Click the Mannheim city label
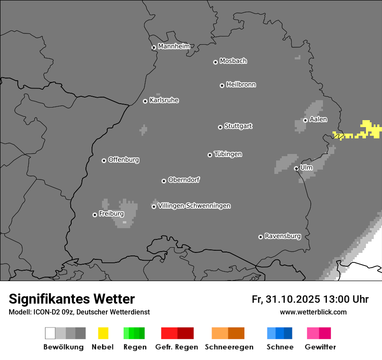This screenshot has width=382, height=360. click(174, 46)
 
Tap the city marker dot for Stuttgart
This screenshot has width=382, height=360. click(220, 127)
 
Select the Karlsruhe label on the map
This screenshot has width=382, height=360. click(164, 100)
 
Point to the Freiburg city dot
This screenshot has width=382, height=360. click(95, 215)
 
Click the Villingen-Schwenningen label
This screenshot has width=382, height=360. click(194, 206)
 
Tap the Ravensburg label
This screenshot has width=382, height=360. click(283, 236)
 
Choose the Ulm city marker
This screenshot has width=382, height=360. click(296, 168)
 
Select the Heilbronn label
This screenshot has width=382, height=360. click(241, 85)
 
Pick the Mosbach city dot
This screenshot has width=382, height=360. click(215, 62)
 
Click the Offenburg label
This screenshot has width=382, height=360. click(123, 160)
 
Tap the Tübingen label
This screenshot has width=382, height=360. click(228, 154)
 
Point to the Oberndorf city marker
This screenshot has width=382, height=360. click(164, 181)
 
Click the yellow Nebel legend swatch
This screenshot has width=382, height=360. click(103, 333)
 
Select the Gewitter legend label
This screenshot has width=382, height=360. click(320, 347)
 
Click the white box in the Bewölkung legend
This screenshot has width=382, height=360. click(50, 333)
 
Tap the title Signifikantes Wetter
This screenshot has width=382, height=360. click(72, 299)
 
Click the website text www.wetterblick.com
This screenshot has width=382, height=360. click(313, 312)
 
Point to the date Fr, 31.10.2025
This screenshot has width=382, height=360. click(286, 299)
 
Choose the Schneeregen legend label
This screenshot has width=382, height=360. click(229, 347)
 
